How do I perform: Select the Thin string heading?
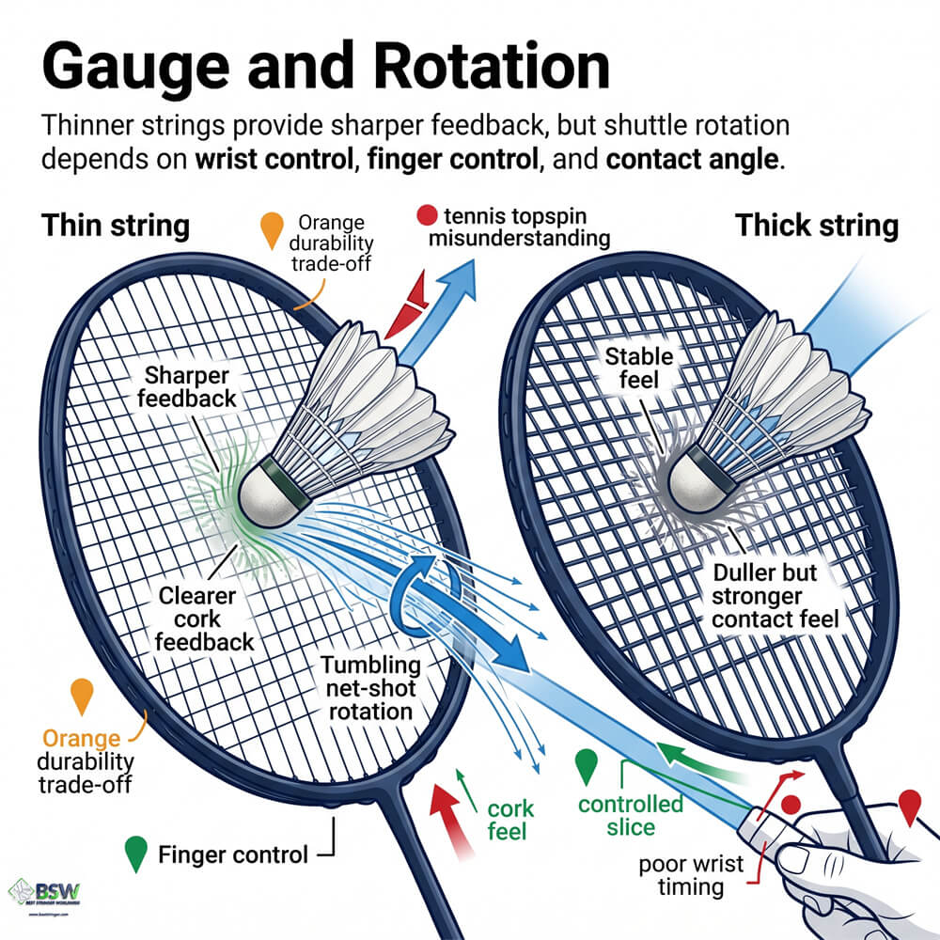pos(116,227)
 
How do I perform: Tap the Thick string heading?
pos(816,227)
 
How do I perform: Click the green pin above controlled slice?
pos(587,765)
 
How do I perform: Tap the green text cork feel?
pos(511,820)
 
